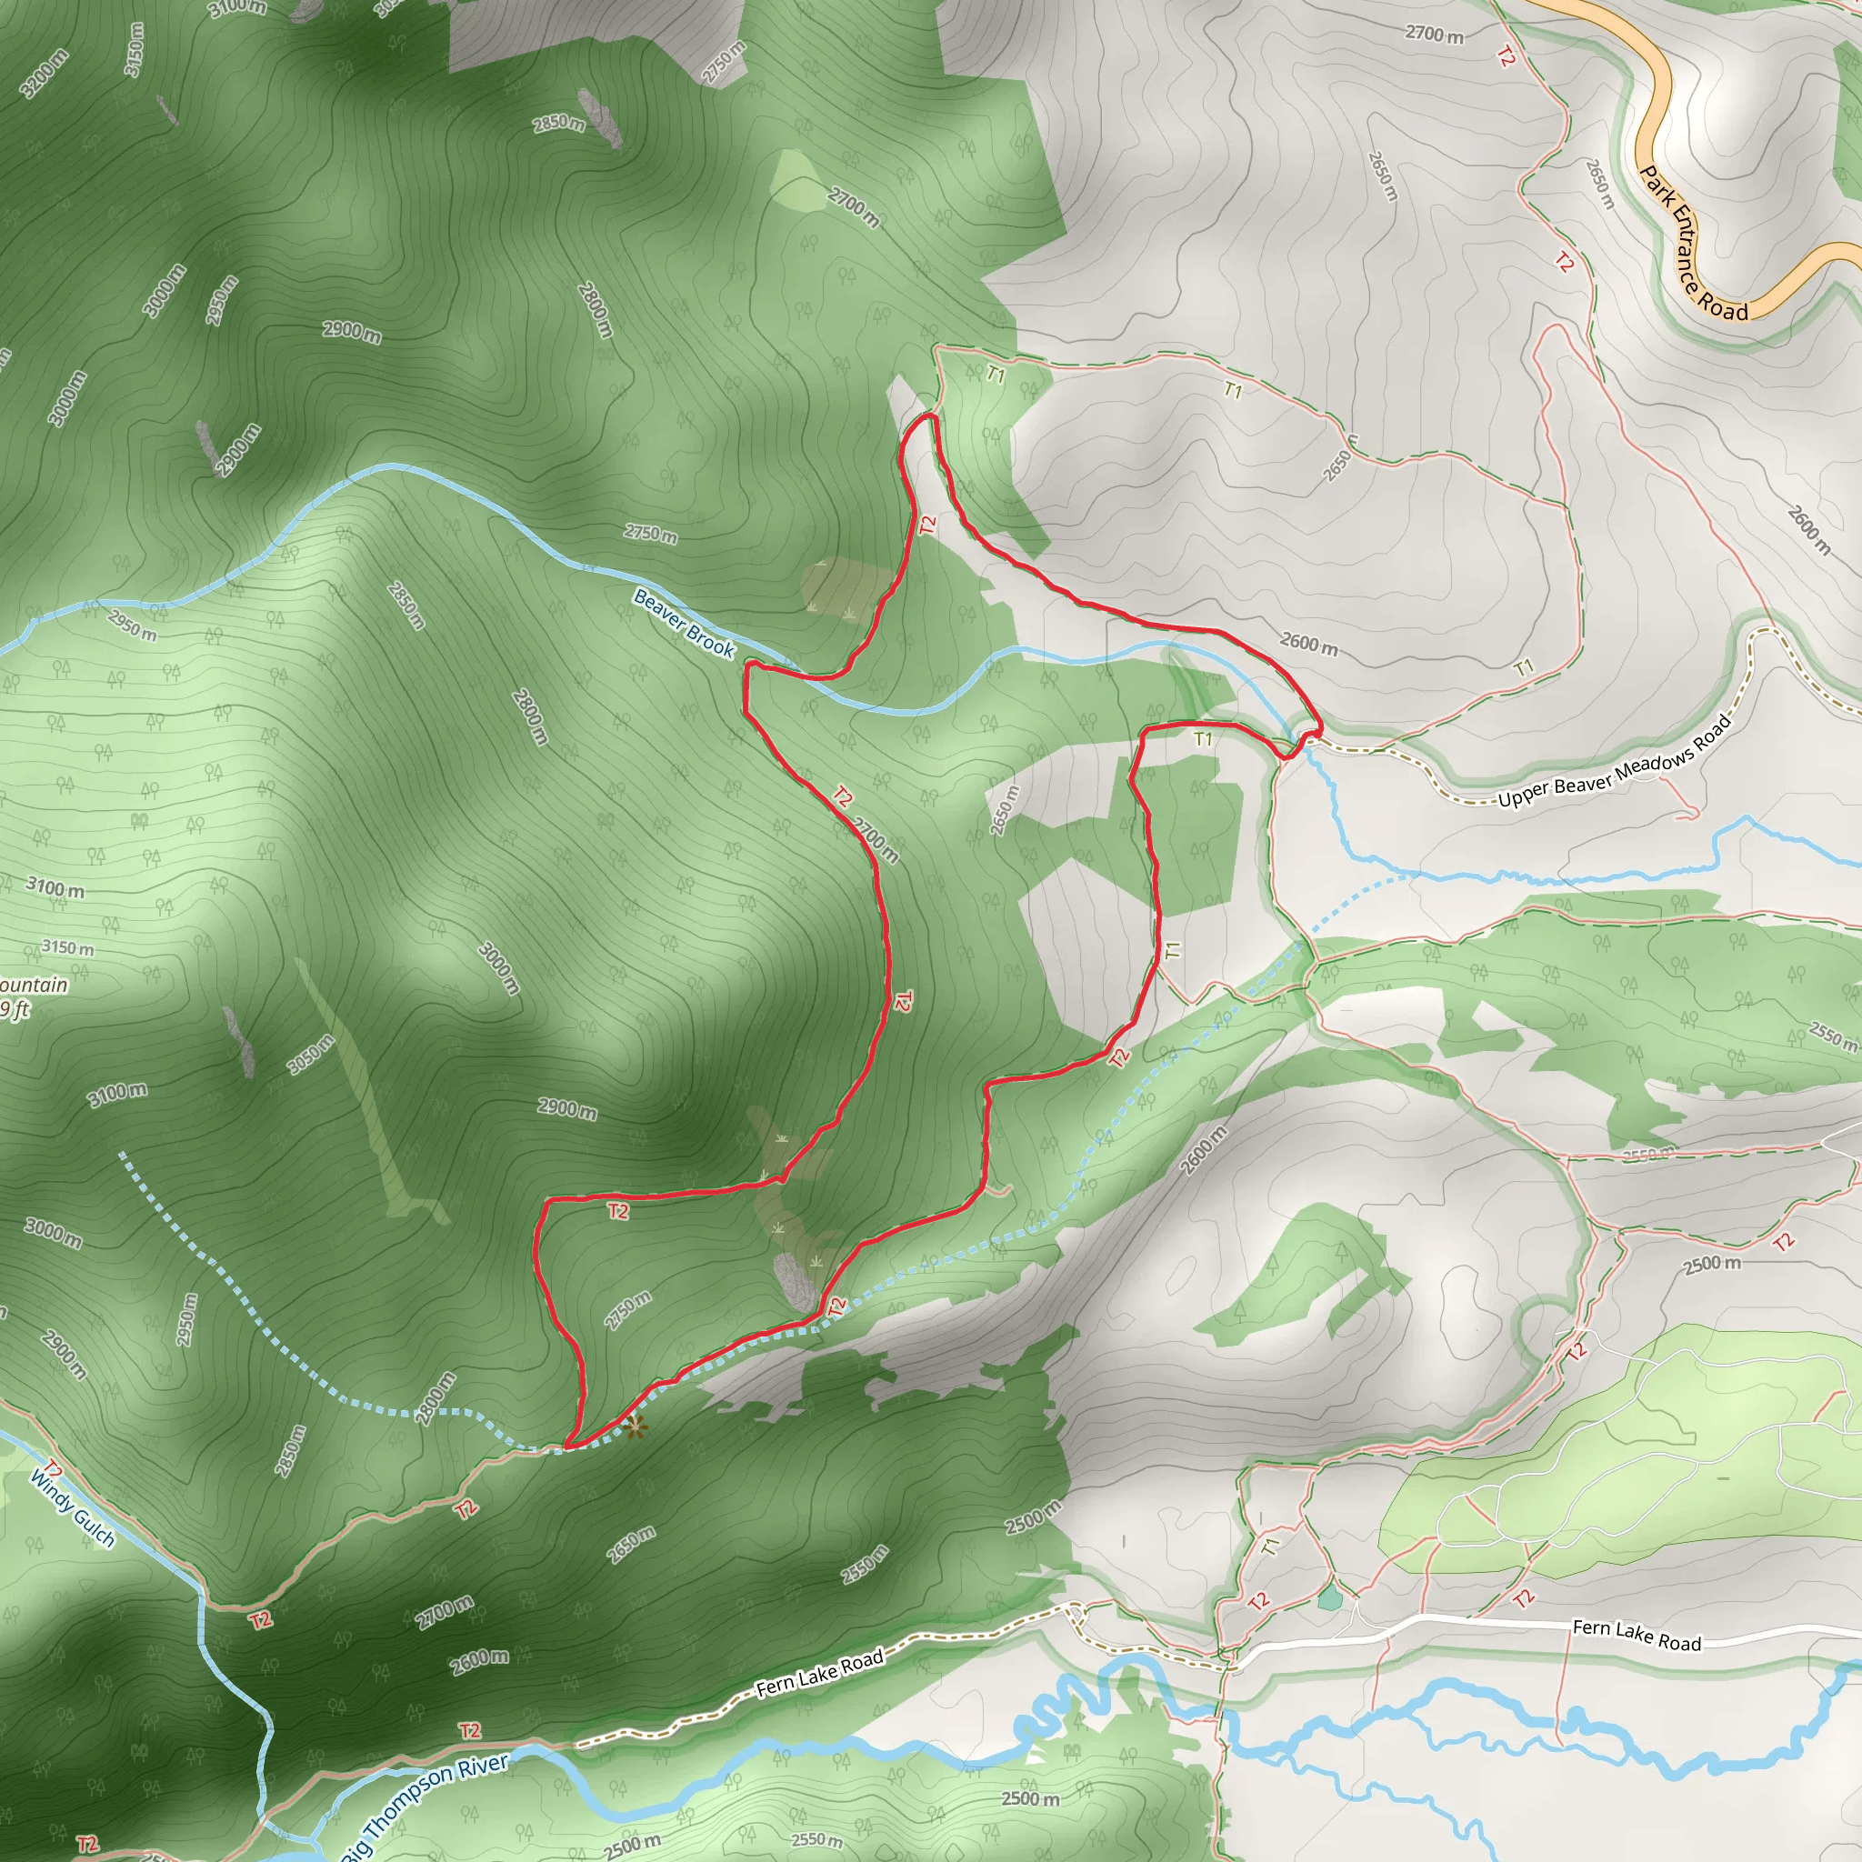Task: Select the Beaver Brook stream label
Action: tap(684, 625)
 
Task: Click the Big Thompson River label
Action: tap(424, 1807)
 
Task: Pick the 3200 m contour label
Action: tap(45, 74)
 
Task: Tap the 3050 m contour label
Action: tap(311, 1054)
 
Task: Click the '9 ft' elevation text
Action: tap(15, 1009)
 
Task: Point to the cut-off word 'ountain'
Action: tap(34, 985)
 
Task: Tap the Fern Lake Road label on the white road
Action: tap(1637, 1635)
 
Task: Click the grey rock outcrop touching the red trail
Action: tap(796, 1282)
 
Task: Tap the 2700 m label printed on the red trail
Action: tap(876, 838)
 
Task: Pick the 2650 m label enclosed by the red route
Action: tap(1005, 809)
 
